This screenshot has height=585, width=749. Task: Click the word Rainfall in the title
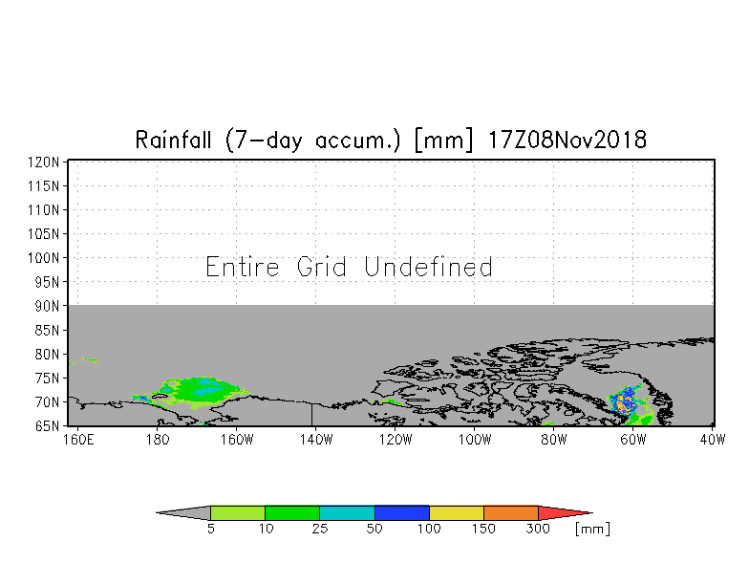point(173,140)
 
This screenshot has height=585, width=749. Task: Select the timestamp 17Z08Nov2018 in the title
point(567,140)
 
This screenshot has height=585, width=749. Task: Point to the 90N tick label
point(47,306)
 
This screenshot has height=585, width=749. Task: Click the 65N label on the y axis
point(47,426)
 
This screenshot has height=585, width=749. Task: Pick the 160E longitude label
point(78,440)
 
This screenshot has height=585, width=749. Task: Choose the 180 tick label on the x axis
point(158,440)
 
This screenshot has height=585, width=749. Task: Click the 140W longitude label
point(315,440)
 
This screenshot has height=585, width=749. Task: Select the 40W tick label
point(713,440)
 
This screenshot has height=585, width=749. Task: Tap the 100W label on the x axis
point(474,440)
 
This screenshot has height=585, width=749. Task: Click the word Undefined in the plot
point(428,267)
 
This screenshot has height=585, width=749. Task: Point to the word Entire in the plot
point(243,267)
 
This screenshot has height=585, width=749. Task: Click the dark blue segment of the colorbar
point(401,512)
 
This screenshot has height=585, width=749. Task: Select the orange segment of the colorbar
point(510,512)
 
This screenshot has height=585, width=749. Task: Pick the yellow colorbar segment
point(457,512)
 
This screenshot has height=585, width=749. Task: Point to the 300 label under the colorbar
point(538,529)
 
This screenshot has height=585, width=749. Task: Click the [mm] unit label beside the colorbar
point(592,530)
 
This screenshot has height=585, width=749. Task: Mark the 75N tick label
point(47,379)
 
